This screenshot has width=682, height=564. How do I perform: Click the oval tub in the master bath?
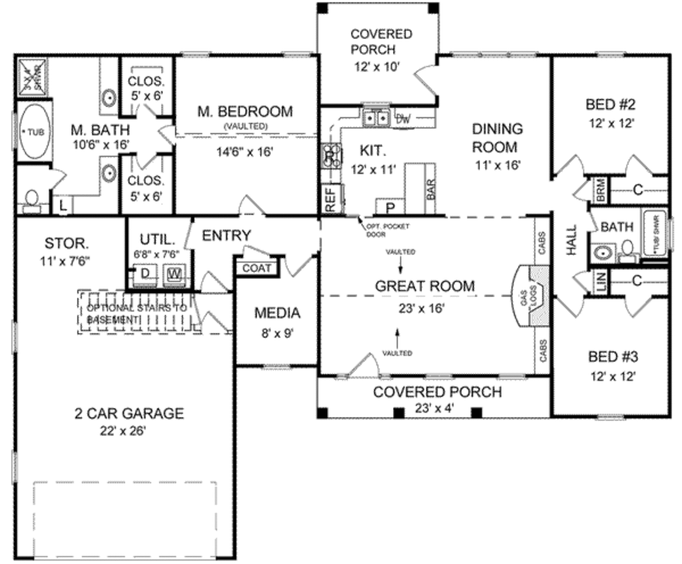(33, 132)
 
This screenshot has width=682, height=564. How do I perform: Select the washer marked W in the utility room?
(174, 273)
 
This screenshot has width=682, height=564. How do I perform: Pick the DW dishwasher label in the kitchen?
(402, 120)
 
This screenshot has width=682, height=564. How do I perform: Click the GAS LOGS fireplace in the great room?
(533, 296)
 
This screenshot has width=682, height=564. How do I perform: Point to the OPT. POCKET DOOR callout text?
(387, 230)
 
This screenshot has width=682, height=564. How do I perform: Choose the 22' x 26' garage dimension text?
(119, 430)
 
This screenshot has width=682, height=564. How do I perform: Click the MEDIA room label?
(277, 313)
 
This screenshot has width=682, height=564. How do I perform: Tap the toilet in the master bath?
(31, 198)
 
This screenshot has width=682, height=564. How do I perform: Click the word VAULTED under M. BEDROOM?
(245, 126)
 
